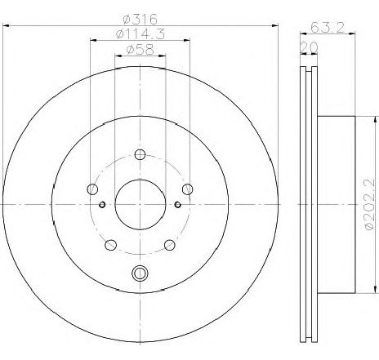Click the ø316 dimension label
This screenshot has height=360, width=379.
coord(140,20)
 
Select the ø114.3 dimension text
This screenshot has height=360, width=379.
coord(140,34)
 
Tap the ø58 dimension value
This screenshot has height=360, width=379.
coord(140,50)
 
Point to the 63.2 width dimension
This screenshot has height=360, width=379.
coord(328,27)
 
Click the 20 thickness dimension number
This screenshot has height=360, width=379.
coord(309,47)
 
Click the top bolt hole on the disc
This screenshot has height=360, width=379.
coord(140,155)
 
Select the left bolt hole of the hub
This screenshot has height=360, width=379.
coord(92,189)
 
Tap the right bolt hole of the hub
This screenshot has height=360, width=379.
coord(188,189)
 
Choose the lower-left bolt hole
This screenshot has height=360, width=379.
coord(110,245)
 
